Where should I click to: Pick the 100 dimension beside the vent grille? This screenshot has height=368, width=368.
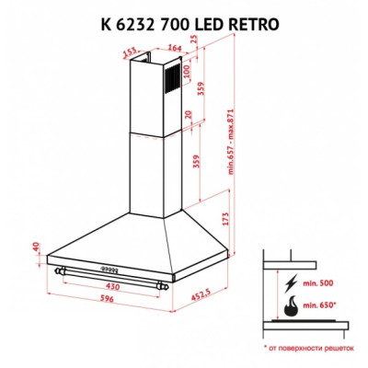[x=188, y=72]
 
